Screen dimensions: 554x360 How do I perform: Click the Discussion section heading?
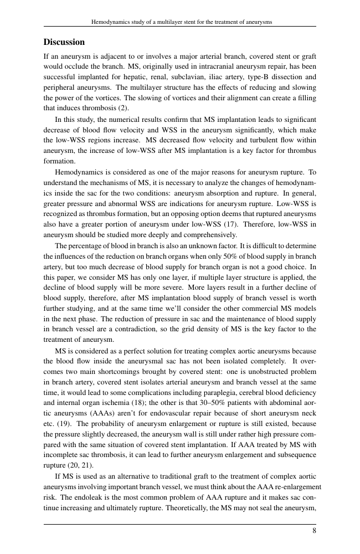pos(64,43)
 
